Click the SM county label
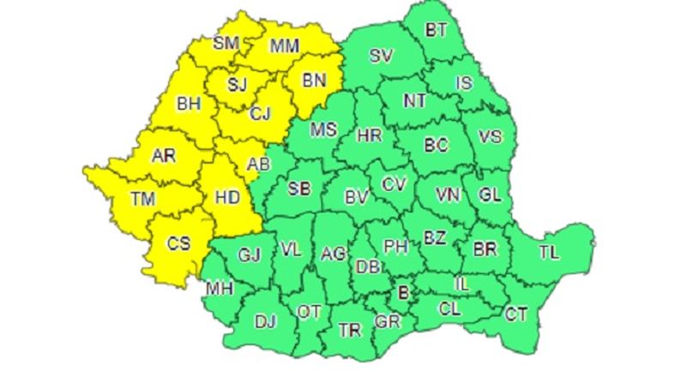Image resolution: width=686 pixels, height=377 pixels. point(226,43)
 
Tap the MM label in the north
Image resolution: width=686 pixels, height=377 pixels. point(283,46)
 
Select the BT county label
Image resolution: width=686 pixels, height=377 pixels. point(436,30)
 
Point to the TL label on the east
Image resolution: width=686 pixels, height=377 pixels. point(547,252)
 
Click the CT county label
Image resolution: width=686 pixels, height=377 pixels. point(515,314)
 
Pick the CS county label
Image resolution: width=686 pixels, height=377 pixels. point(178,243)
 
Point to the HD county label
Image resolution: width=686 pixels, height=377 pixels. point(226,197)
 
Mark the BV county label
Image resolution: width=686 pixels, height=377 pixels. point(356,198)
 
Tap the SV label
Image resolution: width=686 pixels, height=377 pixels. point(380,57)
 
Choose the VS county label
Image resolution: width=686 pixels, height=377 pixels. point(490,137)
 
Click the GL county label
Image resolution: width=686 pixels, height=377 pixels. point(490,194)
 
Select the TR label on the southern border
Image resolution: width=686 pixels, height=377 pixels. point(349,330)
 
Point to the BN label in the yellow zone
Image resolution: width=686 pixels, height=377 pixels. point(315,81)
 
